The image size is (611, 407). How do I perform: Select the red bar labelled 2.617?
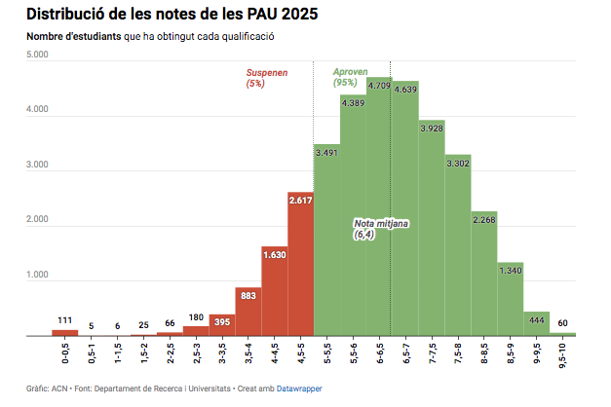point(300,263)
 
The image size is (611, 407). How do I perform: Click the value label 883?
point(248,295)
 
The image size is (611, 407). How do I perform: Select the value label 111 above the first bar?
point(64,320)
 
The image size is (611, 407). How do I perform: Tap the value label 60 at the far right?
point(563,322)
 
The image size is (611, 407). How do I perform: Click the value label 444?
point(537,319)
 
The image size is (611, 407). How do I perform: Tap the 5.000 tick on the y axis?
point(36,55)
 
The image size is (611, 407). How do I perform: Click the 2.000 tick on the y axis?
point(36,220)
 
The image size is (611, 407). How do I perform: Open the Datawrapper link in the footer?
point(299,388)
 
